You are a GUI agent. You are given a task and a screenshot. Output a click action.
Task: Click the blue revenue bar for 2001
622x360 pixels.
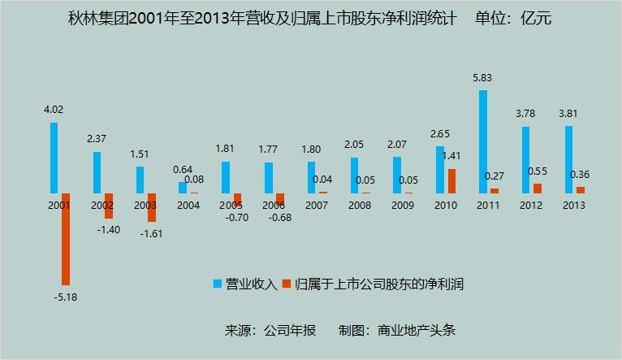(54, 158)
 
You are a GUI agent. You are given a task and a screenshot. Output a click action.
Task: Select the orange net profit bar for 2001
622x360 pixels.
(65, 239)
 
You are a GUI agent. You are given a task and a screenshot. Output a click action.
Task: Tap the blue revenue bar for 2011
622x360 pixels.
(483, 141)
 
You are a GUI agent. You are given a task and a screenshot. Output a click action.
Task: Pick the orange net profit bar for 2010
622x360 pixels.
(451, 180)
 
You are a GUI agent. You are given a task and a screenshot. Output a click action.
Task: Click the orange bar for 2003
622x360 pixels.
(151, 207)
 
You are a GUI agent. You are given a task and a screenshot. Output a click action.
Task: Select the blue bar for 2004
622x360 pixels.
(183, 187)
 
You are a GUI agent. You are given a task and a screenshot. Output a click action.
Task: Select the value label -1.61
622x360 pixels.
(152, 233)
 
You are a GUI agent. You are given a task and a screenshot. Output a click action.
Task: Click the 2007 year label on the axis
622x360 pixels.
(317, 206)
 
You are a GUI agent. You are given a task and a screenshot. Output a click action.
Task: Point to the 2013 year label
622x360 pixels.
(574, 206)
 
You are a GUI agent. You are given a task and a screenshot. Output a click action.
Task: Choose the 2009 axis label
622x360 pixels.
(402, 206)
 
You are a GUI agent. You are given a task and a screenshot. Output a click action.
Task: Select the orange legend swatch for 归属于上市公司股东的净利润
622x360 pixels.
(287, 284)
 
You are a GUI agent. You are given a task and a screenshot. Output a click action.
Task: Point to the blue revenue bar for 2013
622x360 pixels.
(569, 159)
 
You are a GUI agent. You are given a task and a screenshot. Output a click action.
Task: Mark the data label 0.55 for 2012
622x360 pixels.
(538, 172)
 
